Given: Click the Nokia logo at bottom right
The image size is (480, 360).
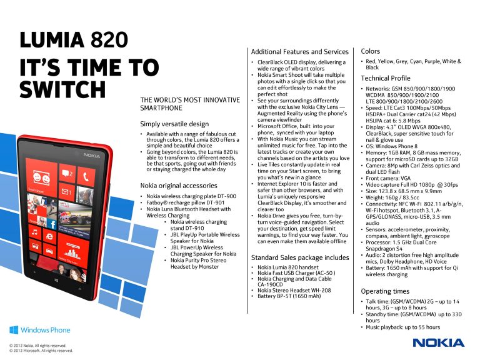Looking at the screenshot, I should [438, 342].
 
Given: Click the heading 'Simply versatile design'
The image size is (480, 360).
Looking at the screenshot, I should [175, 124].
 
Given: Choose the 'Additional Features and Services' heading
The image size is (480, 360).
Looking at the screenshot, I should [299, 51].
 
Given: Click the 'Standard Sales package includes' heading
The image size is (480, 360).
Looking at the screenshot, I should [300, 257].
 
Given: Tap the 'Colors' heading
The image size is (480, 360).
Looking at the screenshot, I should [371, 51].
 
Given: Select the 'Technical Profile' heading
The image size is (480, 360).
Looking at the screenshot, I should [386, 78].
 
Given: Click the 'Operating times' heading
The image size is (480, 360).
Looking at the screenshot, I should [385, 291].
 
